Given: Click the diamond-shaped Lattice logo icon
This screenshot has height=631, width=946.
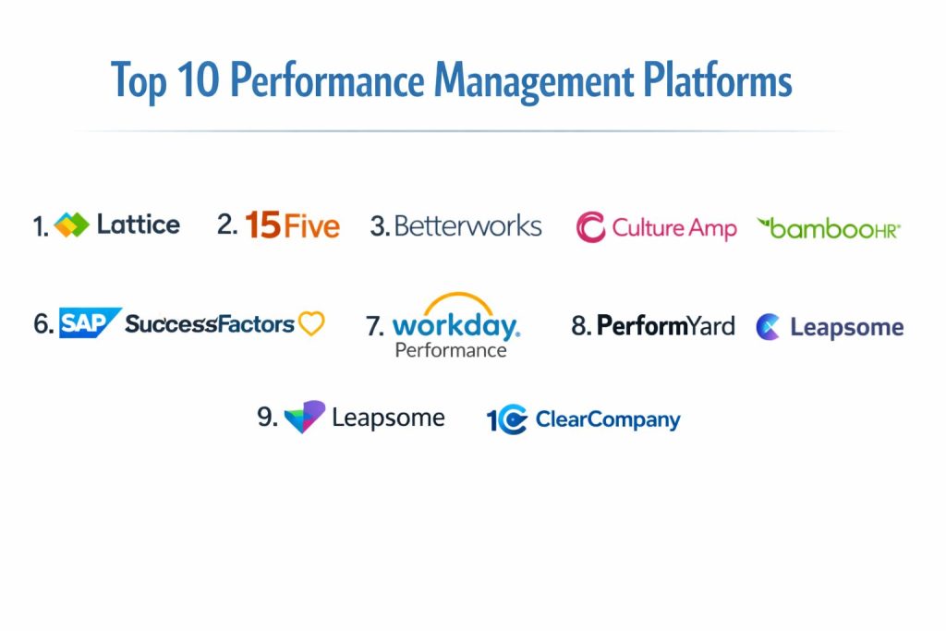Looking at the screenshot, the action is click(x=71, y=225).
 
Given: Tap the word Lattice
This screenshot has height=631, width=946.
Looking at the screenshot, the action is click(x=139, y=224).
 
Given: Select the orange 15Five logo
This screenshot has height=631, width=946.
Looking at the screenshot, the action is click(x=293, y=225).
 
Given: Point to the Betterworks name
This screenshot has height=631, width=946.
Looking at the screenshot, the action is click(x=467, y=226).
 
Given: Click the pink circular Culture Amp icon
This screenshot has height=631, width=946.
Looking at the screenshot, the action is click(x=590, y=227).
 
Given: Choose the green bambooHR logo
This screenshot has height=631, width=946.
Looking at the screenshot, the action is click(x=829, y=228).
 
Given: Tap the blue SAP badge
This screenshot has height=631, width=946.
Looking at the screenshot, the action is click(x=90, y=322).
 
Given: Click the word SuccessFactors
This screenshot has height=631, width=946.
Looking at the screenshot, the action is click(x=210, y=324).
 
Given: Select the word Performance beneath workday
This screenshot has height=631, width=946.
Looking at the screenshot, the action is click(x=451, y=350).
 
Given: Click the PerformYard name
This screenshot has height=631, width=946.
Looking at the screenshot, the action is click(x=665, y=326).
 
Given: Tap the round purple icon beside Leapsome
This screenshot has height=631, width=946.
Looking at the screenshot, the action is click(x=768, y=327).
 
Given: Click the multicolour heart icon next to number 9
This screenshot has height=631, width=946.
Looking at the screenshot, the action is click(x=305, y=417).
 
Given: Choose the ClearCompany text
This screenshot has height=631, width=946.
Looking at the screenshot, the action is click(x=608, y=419).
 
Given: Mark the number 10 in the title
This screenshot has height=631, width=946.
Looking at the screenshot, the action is click(x=199, y=80).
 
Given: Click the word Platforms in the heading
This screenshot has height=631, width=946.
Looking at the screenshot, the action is click(x=717, y=80).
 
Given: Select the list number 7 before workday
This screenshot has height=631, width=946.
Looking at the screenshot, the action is click(x=374, y=326).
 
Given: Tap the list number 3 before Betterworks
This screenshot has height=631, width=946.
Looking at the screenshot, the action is click(x=379, y=227).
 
